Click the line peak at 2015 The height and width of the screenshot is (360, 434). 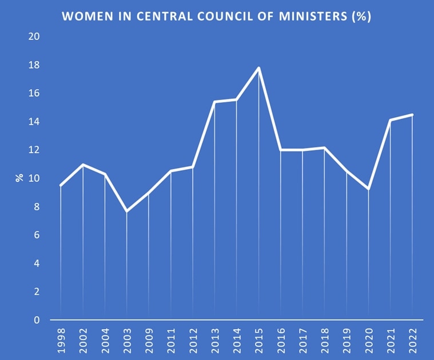point(259,68)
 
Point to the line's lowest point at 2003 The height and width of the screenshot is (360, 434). point(126,211)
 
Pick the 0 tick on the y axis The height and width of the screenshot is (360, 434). point(37,320)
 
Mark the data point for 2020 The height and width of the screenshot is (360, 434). point(369,189)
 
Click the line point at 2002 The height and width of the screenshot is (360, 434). point(83,165)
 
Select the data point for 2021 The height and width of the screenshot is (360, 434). point(391,120)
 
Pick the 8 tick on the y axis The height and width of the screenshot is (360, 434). point(37,207)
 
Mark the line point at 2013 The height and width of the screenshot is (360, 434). point(215,102)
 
